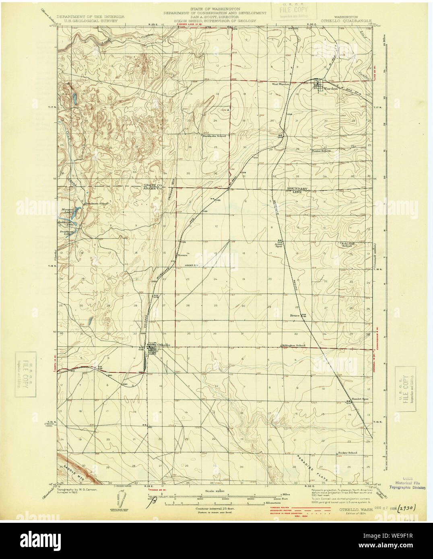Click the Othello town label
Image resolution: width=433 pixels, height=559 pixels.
click(x=164, y=345)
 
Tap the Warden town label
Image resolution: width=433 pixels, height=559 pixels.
click(x=331, y=88)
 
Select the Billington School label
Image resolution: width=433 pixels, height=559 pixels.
click(x=294, y=345)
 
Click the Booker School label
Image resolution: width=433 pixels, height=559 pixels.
click(x=347, y=453)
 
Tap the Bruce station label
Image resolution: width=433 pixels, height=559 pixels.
click(x=295, y=316)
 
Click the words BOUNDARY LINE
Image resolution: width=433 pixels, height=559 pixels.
click(x=297, y=190)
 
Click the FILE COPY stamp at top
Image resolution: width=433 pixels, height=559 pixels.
click(x=294, y=11)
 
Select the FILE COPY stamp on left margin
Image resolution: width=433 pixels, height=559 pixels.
click(x=26, y=374)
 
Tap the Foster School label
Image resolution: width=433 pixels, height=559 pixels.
click(x=322, y=151)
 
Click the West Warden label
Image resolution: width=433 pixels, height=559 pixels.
click(x=281, y=84)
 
